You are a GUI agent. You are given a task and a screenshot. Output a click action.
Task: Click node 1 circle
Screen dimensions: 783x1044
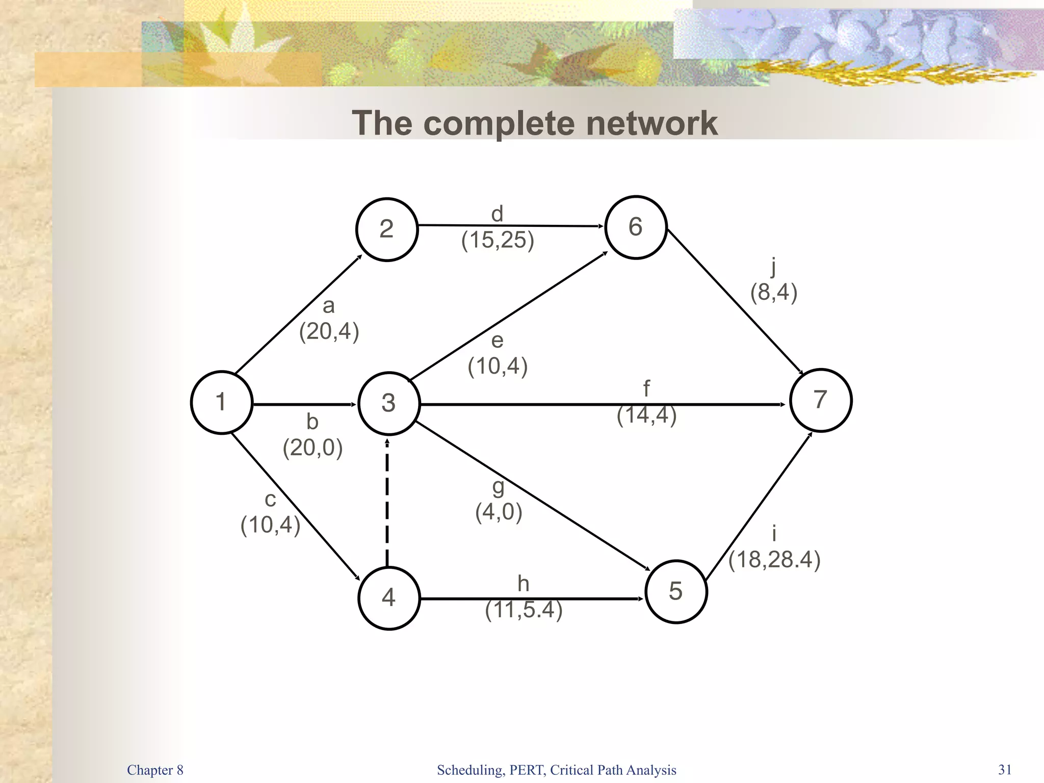[222, 403]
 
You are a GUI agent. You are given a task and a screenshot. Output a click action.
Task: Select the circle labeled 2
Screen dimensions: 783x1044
[387, 229]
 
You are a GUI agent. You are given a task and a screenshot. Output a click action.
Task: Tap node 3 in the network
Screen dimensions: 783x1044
[389, 404]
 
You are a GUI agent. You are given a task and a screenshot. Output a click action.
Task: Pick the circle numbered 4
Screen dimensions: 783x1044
[389, 598]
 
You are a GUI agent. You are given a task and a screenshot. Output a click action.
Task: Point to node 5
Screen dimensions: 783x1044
[676, 592]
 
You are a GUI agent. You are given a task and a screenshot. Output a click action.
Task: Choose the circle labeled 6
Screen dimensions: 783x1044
[636, 227]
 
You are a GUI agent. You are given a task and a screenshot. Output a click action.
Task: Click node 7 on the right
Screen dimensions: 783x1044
[821, 400]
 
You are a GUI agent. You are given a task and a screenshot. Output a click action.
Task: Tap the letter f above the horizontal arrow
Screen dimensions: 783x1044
[646, 389]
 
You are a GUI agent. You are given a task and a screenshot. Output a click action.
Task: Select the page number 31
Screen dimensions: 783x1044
[1005, 769]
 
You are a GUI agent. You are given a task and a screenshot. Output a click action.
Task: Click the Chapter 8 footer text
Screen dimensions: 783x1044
[155, 770]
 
